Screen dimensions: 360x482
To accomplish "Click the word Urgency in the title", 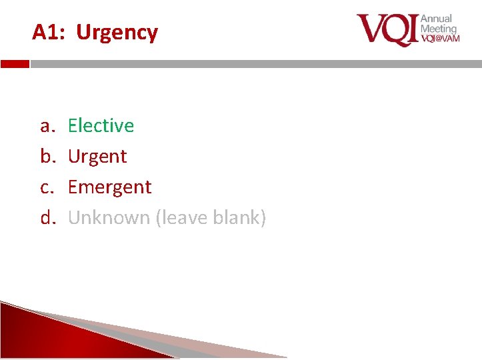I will (x=117, y=32).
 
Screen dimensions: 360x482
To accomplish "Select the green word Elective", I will (x=101, y=125).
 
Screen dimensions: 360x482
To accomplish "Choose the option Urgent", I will (x=97, y=157).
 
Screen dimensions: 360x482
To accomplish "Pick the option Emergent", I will (x=110, y=187).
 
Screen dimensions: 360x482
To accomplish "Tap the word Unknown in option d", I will (x=109, y=217).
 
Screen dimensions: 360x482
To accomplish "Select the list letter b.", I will (x=46, y=156).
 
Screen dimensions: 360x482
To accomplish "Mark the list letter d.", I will (x=46, y=217).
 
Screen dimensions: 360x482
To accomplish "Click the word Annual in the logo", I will (x=436, y=19).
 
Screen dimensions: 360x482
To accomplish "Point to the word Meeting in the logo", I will (x=439, y=29).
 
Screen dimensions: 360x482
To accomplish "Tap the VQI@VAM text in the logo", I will (x=440, y=39).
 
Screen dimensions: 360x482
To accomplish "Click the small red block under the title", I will (x=15, y=64).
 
